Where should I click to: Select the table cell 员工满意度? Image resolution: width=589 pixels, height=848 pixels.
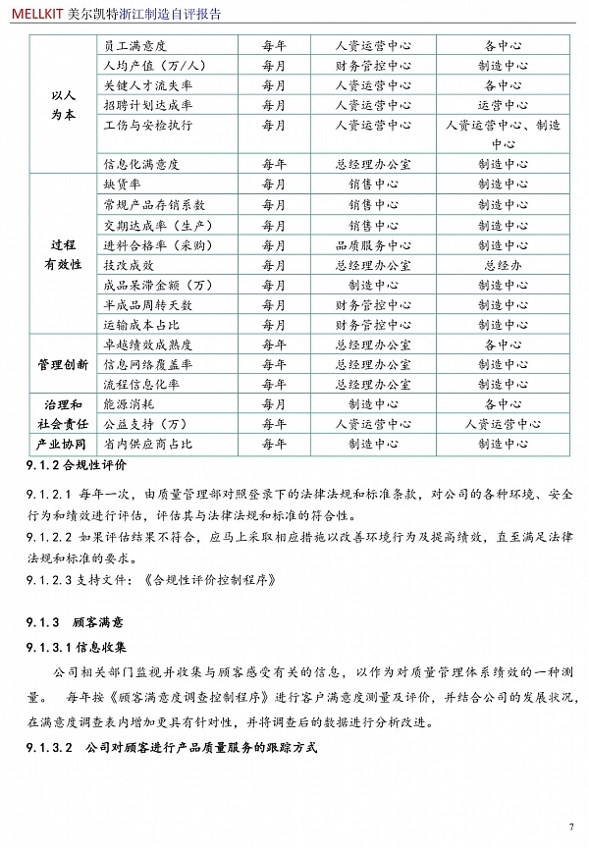[x=134, y=46]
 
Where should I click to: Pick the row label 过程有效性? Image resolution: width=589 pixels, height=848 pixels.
[x=63, y=255]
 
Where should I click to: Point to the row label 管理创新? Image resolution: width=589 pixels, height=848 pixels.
[x=63, y=365]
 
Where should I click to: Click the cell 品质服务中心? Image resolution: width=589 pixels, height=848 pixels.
[x=373, y=245]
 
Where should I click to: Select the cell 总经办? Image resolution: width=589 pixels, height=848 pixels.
[x=503, y=265]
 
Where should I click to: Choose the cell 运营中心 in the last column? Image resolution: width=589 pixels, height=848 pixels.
[x=503, y=105]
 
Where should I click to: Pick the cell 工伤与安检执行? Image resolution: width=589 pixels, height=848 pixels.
[x=147, y=126]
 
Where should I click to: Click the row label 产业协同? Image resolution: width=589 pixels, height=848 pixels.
[x=63, y=444]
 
